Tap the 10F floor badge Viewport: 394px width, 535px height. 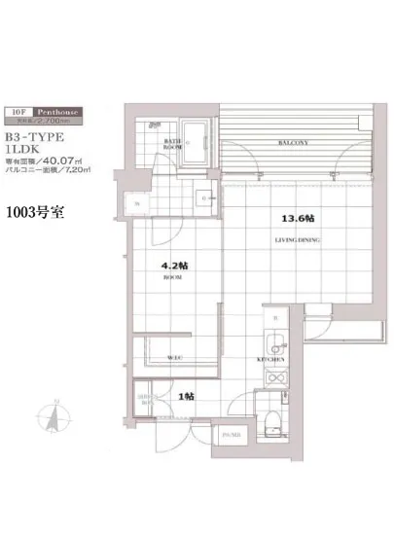coord(19,112)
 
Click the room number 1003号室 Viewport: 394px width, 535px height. coord(35,213)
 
